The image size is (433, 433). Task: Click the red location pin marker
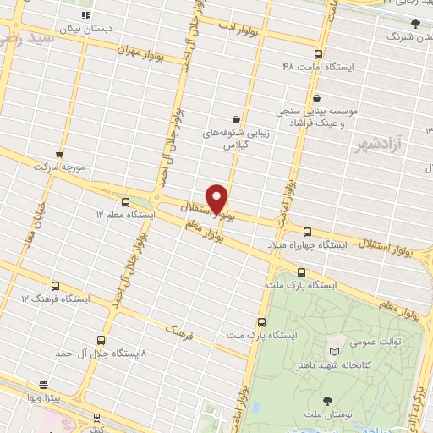click(216, 199)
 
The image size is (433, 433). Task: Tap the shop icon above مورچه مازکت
click(59, 154)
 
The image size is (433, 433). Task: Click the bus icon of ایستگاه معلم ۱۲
click(126, 202)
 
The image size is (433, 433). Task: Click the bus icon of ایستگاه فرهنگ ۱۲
click(56, 286)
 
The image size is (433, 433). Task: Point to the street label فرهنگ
click(178, 332)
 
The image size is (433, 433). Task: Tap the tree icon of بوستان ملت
click(327, 399)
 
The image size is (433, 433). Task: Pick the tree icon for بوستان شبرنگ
click(414, 24)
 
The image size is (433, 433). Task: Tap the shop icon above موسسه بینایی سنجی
click(316, 98)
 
